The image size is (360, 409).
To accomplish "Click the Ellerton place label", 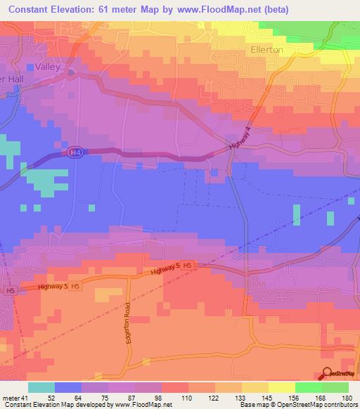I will coord(266,50).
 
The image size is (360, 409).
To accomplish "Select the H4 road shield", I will coord(75,152).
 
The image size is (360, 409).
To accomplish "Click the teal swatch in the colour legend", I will coord(41,387).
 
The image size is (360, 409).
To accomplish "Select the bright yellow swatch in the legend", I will coord(281,387).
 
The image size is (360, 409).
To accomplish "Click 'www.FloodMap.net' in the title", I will coord(219,9).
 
